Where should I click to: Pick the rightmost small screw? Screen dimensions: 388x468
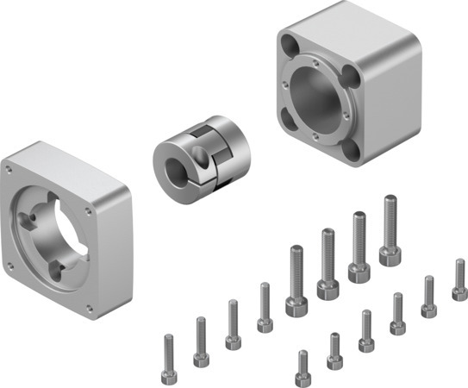pyautogui.click(x=459, y=291)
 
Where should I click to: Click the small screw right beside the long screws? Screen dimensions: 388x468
pyautogui.click(x=265, y=321)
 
